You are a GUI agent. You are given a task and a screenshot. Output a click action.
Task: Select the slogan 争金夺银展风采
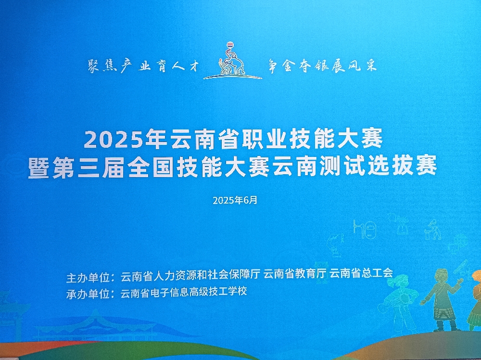(x=322, y=65)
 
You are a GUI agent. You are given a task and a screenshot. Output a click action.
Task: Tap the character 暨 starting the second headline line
(x=38, y=167)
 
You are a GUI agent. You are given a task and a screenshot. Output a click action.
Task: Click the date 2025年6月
(x=235, y=200)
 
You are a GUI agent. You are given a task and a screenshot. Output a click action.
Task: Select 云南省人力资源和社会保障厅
(x=190, y=274)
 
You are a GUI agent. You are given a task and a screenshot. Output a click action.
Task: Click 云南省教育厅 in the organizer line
(x=295, y=273)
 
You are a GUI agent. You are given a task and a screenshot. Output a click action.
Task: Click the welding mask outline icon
(x=369, y=229)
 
